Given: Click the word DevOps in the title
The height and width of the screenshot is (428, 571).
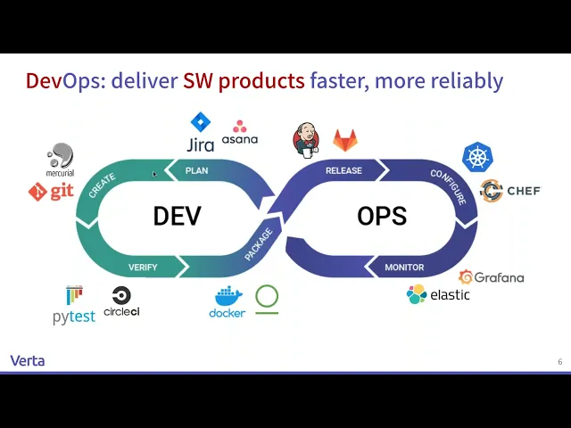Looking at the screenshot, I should tap(64, 81).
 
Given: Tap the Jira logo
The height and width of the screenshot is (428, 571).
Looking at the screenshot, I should tap(200, 133).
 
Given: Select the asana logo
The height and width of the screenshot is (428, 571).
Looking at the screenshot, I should tap(239, 133).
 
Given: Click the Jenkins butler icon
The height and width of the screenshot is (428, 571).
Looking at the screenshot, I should tap(306, 139).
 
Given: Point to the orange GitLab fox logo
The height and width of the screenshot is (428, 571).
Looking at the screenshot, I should tap(345, 140).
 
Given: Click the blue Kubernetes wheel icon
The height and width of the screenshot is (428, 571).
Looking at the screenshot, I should tap(478, 157).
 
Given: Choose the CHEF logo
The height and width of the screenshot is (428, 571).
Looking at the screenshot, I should tap(509, 190).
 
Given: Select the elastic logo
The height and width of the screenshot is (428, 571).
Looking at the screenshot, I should tap(438, 294).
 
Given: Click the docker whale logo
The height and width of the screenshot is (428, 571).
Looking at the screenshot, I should tap(228, 302).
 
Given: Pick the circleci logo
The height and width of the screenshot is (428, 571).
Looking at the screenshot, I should tap(121, 301).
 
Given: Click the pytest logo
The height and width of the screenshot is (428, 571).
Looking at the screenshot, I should tap(74, 305).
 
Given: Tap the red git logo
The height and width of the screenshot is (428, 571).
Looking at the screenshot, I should tap(51, 191).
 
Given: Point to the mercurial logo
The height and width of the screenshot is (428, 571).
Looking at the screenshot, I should tap(61, 160).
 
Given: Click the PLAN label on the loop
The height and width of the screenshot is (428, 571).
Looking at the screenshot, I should tap(196, 170).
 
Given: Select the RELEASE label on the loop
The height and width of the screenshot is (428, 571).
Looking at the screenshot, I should tap(343, 170).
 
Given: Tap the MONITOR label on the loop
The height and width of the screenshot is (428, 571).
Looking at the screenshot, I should tap(404, 267).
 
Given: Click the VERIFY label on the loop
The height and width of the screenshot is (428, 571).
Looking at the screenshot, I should tap(143, 267).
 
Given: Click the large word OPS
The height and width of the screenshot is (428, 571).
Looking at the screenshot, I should tap(382, 216).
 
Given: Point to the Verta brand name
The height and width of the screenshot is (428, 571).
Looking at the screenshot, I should tap(28, 360).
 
